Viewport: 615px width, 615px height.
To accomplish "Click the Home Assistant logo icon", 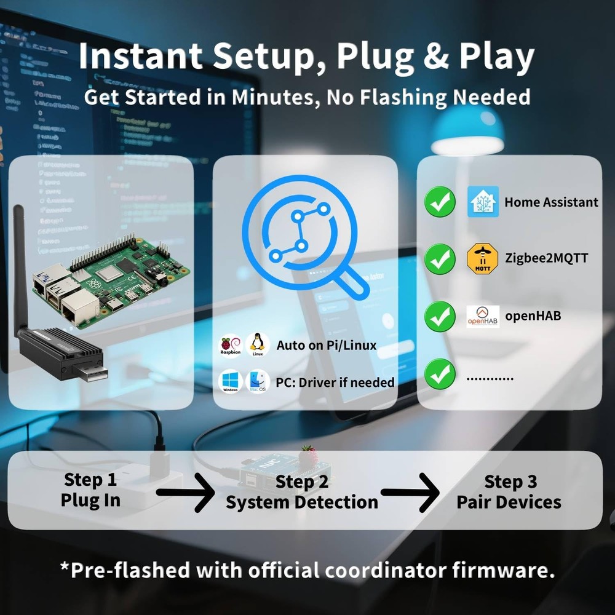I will (483, 202).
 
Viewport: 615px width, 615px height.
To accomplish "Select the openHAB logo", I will (483, 316).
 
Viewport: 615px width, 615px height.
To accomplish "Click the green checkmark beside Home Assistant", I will (440, 202).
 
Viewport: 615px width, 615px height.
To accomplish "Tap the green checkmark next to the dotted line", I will (440, 374).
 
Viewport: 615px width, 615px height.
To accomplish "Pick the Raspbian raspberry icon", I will (231, 345).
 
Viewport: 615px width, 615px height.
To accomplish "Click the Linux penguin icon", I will (258, 344).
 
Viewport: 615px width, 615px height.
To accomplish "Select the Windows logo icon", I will (231, 382).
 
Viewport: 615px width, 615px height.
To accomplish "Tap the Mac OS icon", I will (258, 382).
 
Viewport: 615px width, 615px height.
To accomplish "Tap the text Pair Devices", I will (509, 502).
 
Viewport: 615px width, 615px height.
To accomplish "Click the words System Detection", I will (301, 502).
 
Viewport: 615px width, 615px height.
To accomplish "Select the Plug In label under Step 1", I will (90, 501).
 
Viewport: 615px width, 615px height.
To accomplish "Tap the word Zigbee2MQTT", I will (546, 258).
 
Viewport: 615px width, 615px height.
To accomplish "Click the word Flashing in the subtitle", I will (406, 97).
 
